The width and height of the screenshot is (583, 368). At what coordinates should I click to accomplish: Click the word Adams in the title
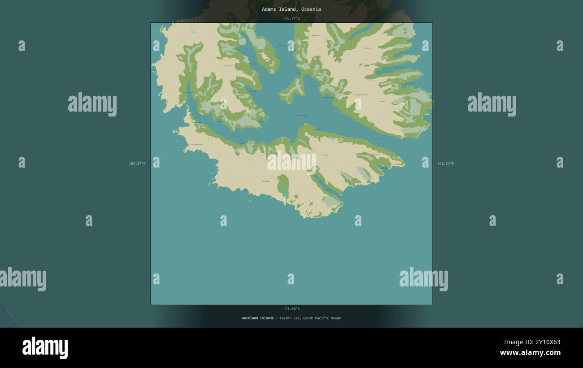tap(270, 9)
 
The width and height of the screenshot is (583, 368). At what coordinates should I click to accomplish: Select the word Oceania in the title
tap(311, 9)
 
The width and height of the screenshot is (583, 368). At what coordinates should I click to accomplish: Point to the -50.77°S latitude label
tap(291, 18)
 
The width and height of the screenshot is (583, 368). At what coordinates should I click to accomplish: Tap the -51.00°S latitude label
tap(291, 309)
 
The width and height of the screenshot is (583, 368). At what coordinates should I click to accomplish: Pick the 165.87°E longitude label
tap(137, 164)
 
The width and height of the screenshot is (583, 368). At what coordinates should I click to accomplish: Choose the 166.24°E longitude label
tap(445, 164)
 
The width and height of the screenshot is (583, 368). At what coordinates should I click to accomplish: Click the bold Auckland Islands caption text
tap(258, 318)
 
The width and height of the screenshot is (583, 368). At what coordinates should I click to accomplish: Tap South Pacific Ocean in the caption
tap(322, 318)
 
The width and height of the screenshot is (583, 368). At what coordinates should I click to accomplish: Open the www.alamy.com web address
tap(530, 353)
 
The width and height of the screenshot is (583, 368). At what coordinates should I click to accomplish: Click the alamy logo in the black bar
tap(45, 348)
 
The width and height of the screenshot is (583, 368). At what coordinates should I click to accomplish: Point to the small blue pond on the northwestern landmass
tap(235, 91)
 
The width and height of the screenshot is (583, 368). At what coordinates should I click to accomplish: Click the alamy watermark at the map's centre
tap(291, 162)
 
